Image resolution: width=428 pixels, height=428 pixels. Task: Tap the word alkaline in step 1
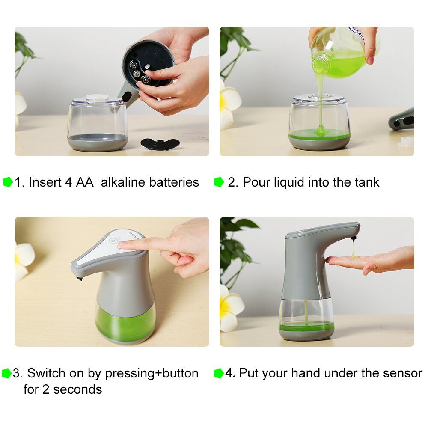pos(123,182)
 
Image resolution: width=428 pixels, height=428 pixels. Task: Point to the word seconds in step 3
pos(77,389)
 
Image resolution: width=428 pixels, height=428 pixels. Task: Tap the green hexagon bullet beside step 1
pos(8,182)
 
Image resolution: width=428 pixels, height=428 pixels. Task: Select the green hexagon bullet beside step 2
pos(219,182)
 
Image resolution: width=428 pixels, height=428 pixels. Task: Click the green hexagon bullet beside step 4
pos(219,373)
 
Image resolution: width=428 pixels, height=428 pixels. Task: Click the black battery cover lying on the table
pos(160,144)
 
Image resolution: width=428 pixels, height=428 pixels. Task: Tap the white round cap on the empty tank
pos(97,98)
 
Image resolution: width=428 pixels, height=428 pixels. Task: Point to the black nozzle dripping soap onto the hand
pos(354,238)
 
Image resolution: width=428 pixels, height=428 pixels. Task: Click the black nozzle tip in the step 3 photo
pos(79,279)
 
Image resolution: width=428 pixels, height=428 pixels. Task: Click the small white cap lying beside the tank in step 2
pos(406,141)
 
